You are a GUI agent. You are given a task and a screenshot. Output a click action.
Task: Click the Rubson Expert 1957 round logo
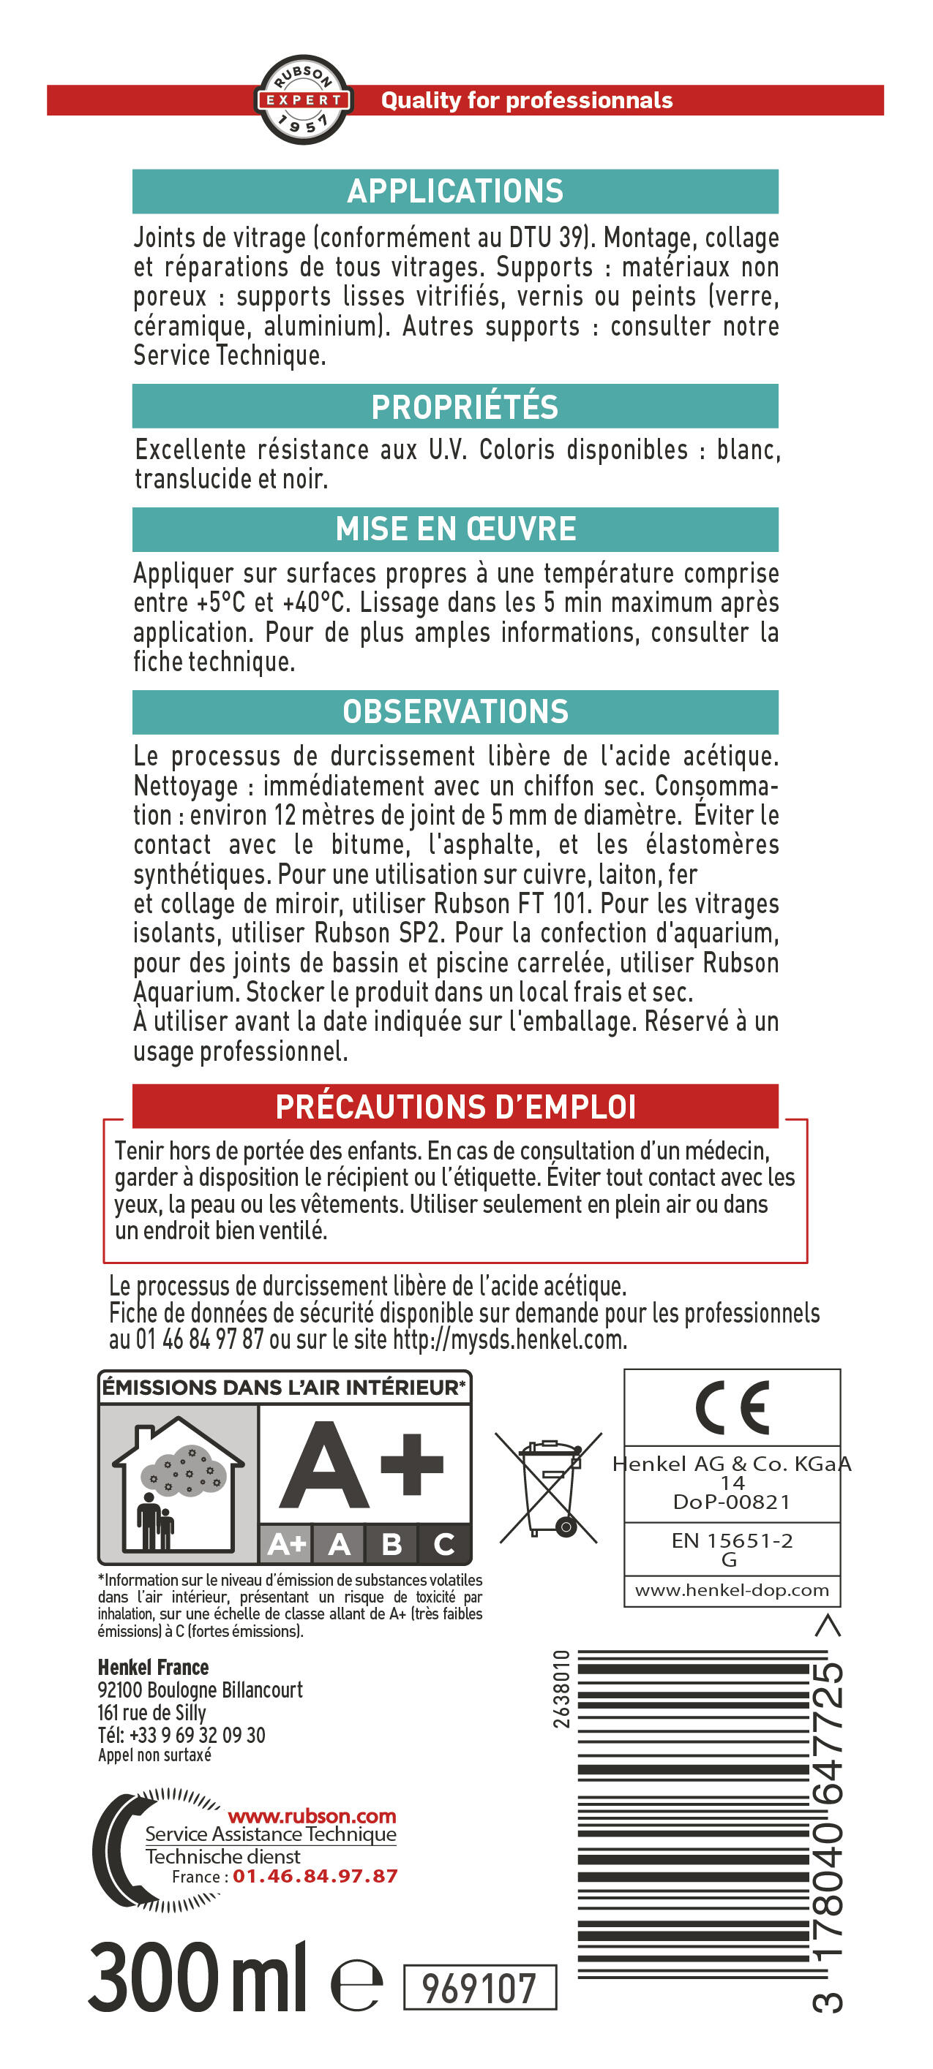click(303, 99)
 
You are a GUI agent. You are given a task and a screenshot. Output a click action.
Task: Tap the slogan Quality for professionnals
click(526, 100)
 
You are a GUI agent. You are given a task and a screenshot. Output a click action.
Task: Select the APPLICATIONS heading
click(455, 191)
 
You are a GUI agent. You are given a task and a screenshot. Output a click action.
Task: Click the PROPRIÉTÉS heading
click(464, 406)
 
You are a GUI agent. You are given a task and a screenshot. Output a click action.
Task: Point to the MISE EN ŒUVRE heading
click(456, 529)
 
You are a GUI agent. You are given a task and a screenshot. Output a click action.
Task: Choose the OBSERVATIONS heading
click(456, 711)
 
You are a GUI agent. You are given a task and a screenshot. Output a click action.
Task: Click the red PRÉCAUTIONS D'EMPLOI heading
click(456, 1107)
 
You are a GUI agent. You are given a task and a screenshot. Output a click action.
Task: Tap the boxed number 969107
click(479, 1989)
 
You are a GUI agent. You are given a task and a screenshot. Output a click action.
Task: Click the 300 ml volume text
click(197, 1977)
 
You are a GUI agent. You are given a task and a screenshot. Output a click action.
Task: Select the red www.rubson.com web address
click(312, 1815)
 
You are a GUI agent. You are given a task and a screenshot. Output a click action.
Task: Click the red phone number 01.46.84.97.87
click(315, 1876)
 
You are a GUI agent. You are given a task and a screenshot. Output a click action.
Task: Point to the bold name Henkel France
click(153, 1668)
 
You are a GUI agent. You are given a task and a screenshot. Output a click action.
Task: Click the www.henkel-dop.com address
click(732, 1590)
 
